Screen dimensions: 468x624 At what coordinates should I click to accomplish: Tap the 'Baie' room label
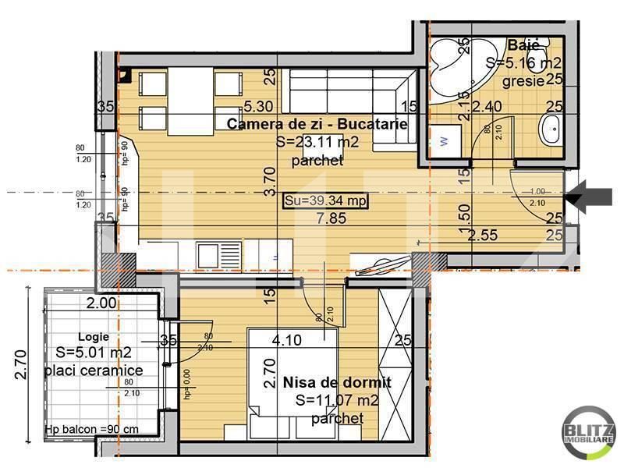[522, 45]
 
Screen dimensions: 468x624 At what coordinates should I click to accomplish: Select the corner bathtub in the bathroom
[456, 66]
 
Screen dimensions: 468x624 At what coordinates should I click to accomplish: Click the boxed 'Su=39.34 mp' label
[324, 200]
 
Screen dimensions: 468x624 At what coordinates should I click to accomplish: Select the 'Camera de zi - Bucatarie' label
[317, 124]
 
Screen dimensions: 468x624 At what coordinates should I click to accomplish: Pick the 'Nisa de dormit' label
[336, 381]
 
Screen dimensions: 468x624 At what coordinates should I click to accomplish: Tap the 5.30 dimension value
[257, 106]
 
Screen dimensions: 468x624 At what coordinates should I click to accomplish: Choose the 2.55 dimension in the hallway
[483, 233]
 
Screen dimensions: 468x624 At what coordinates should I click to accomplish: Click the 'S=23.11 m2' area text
[317, 143]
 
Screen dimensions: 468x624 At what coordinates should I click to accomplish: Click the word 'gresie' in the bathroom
[519, 79]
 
